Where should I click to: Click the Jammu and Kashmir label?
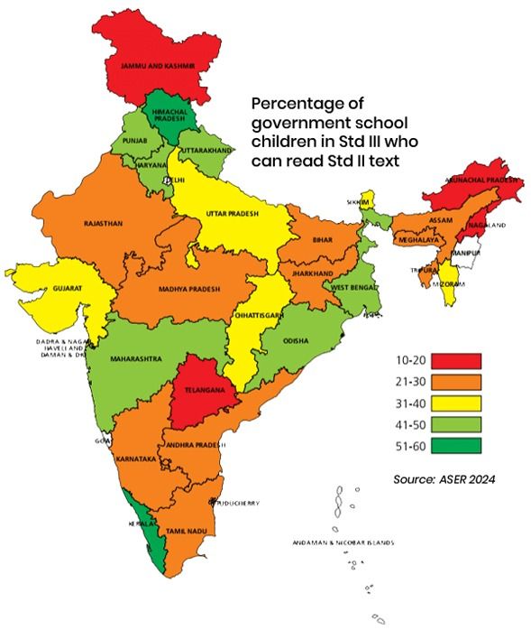point(150,65)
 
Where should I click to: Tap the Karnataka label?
point(136,459)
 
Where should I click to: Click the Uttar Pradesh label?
point(233,214)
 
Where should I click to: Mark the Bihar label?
point(323,241)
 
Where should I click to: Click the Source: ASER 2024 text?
point(444,478)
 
